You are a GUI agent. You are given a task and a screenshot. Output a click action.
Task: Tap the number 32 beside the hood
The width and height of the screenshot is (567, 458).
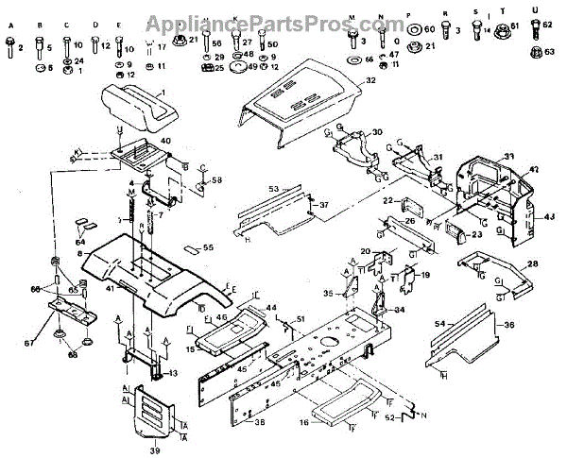(370, 82)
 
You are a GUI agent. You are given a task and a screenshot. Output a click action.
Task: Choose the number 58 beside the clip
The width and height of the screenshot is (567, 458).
(216, 179)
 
